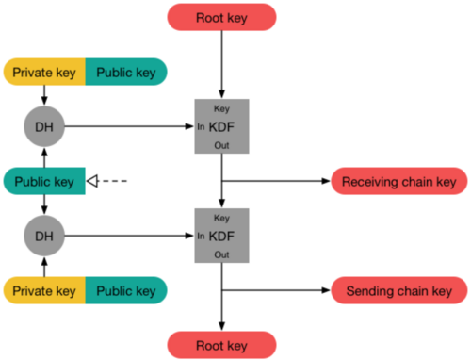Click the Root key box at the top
tap(221, 17)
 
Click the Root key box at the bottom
tap(221, 344)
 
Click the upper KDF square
tap(221, 126)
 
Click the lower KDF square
tap(221, 235)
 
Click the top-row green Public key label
tap(125, 71)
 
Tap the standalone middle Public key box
tap(44, 180)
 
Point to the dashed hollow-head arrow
tap(106, 180)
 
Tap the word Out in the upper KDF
tap(221, 146)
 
